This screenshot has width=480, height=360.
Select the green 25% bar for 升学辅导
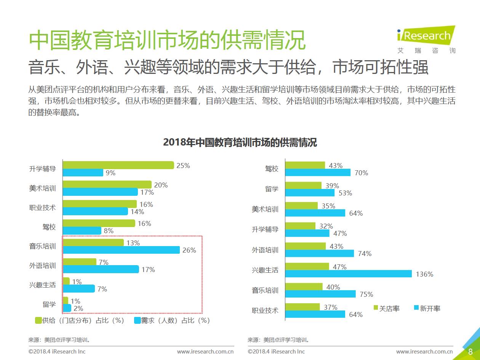click(118, 165)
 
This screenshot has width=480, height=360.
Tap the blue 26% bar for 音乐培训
click(121, 250)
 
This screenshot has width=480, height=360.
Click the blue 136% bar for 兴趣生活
click(348, 274)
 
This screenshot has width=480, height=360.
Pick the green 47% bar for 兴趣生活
click(307, 266)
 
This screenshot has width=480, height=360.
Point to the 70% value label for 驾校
click(361, 173)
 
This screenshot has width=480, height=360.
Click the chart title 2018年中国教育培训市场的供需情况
click(240, 142)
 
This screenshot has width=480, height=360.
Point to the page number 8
click(470, 351)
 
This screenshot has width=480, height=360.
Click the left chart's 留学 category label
click(49, 304)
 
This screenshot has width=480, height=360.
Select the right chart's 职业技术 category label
click(265, 310)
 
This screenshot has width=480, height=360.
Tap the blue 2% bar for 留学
click(67, 308)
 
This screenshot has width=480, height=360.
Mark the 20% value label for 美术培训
click(161, 185)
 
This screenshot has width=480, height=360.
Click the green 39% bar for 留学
click(303, 186)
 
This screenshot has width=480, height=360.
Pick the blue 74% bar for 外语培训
click(319, 253)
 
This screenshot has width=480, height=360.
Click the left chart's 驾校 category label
click(49, 227)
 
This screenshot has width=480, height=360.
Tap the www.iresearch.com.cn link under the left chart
click(205, 351)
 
